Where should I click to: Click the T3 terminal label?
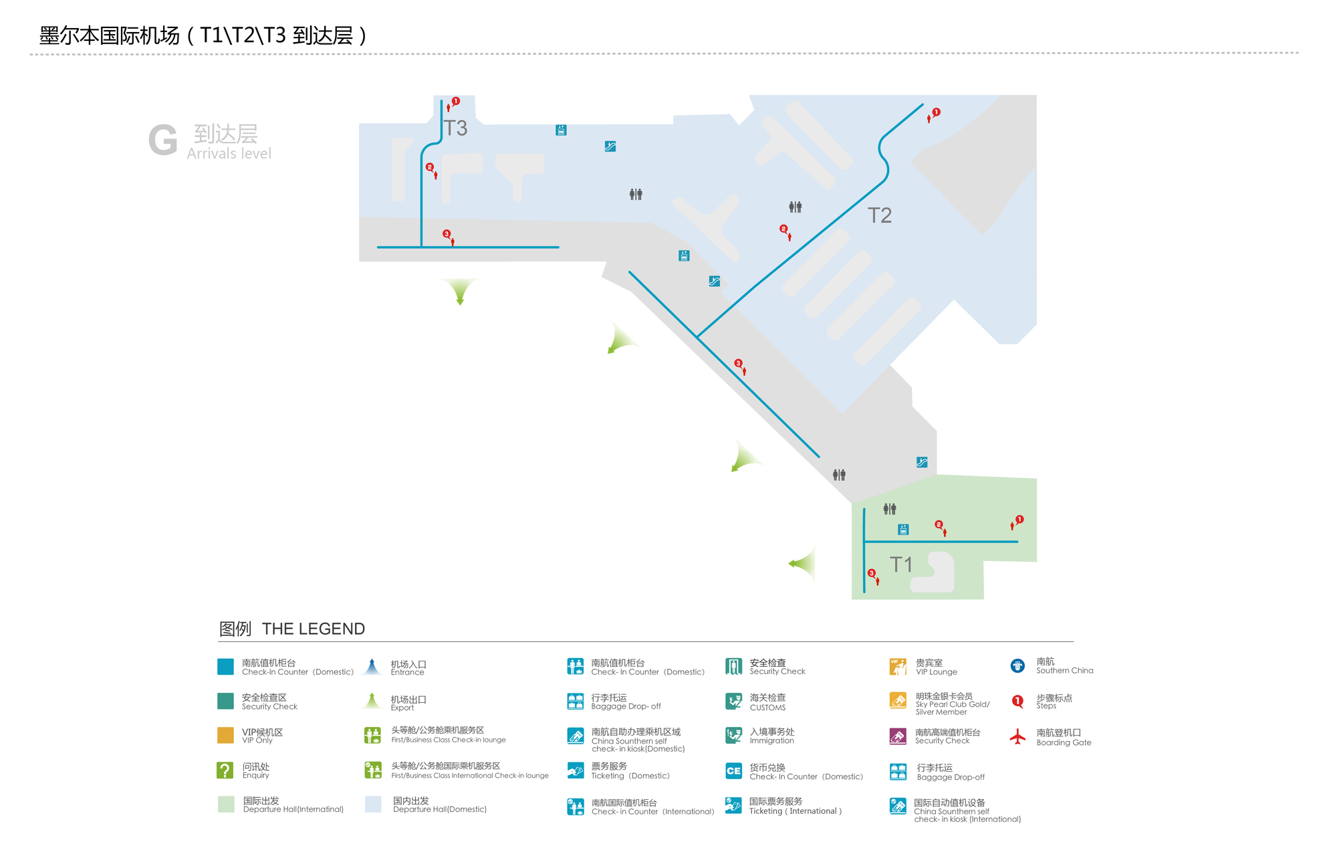455,128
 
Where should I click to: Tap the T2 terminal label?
879,215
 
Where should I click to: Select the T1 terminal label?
900,564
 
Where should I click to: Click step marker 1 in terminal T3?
455,102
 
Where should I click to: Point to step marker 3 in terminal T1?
871,573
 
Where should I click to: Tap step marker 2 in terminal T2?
783,229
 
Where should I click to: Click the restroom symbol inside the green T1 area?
889,509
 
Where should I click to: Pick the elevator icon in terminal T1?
903,530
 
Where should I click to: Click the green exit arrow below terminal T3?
460,291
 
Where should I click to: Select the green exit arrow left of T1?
803,563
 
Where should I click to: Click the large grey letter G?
162,140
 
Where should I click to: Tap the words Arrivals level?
229,154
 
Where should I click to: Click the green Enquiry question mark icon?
225,770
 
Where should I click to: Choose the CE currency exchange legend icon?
733,770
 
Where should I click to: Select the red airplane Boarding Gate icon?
1017,737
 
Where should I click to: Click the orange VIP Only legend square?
225,736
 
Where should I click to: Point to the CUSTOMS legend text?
767,708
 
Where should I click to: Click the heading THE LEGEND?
313,629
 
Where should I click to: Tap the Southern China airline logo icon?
1017,665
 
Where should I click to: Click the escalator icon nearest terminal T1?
922,462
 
